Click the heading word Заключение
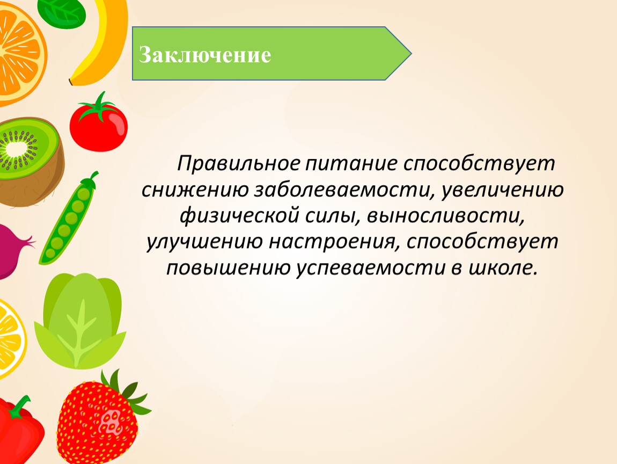[205, 54]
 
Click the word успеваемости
[371, 268]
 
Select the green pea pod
[68, 219]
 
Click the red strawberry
[101, 419]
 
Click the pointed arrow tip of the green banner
[411, 54]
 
